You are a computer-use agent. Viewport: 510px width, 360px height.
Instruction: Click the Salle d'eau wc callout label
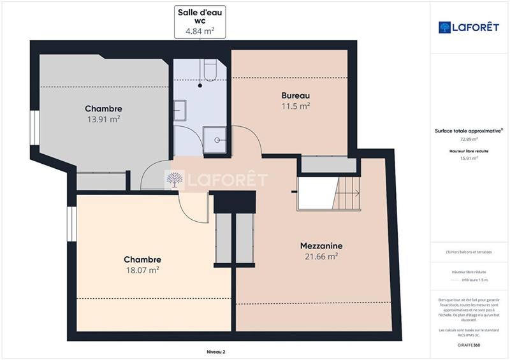coord(200,22)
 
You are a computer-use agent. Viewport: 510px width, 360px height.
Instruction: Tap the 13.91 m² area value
coord(104,119)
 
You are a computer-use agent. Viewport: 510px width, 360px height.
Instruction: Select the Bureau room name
coord(296,96)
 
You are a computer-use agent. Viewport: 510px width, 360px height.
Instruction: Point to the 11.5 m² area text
coord(296,106)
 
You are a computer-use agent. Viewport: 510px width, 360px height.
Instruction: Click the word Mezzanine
coord(322,245)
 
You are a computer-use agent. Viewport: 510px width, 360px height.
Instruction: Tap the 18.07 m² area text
coord(142,270)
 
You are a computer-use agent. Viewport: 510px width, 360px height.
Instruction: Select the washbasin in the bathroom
coord(180,108)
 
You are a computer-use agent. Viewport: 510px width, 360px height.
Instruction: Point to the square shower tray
coord(215,137)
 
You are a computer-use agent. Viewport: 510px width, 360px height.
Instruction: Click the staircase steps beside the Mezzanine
coord(348,191)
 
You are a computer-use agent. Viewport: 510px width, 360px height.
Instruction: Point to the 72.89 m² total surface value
coord(469,138)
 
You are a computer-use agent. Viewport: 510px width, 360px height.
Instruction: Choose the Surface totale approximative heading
coord(469,131)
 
